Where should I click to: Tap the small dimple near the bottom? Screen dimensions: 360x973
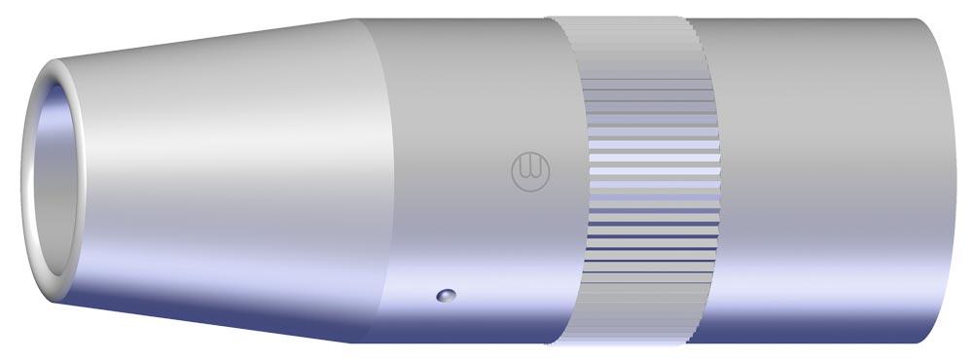click(446, 294)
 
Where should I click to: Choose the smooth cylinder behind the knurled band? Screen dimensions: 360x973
click(827, 175)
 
